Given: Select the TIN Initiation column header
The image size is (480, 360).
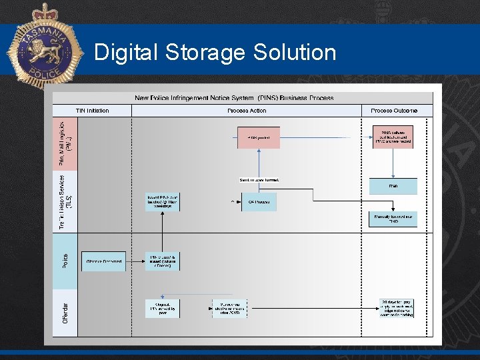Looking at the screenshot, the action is pyautogui.click(x=92, y=111).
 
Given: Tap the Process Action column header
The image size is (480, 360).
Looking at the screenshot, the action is pyautogui.click(x=247, y=111).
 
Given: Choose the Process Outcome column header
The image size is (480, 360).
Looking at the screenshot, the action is pyautogui.click(x=394, y=111).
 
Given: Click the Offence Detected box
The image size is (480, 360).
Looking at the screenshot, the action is pyautogui.click(x=103, y=261).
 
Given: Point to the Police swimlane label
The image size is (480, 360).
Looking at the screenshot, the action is pyautogui.click(x=65, y=261).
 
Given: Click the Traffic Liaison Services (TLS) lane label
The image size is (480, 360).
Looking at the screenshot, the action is pyautogui.click(x=65, y=201).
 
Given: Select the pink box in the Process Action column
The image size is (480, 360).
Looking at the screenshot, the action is pyautogui.click(x=259, y=137).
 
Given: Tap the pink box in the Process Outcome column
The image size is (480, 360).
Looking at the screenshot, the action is pyautogui.click(x=393, y=137).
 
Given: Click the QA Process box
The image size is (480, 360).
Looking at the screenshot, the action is pyautogui.click(x=258, y=201).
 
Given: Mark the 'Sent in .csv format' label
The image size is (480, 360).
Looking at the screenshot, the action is pyautogui.click(x=259, y=180).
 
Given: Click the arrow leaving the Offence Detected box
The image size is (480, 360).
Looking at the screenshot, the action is pyautogui.click(x=135, y=261).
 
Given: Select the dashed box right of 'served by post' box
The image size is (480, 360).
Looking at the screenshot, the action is pyautogui.click(x=229, y=308).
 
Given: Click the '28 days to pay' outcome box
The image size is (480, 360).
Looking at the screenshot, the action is pyautogui.click(x=397, y=308).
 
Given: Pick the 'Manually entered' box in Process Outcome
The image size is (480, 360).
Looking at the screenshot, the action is pyautogui.click(x=393, y=219).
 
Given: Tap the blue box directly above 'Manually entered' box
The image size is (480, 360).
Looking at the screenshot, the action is pyautogui.click(x=393, y=186).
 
